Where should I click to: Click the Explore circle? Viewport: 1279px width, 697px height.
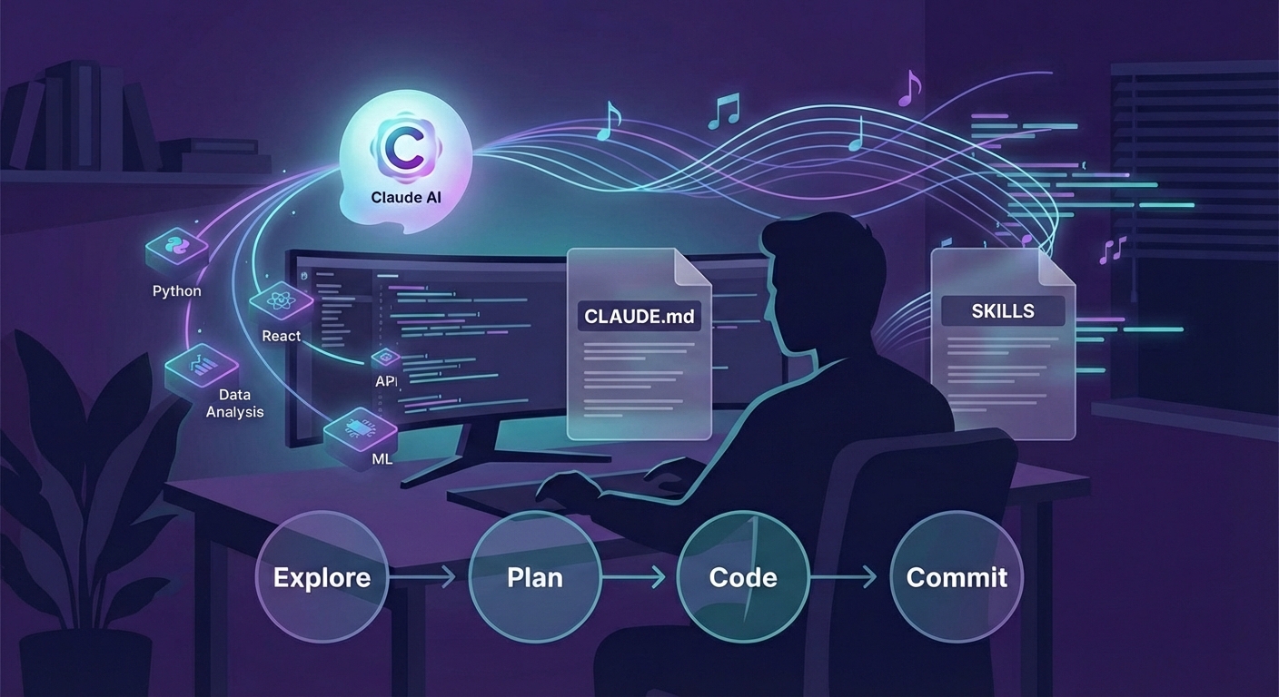point(322,577)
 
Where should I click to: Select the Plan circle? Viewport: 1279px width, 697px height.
point(534,577)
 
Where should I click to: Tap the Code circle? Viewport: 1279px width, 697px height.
point(743,577)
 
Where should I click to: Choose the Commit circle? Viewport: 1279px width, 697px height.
point(957,577)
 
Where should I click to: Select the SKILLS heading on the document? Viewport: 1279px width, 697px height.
point(1003,311)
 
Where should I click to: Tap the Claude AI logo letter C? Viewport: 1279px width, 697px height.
point(403,150)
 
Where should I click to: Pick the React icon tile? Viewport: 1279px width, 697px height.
point(280,301)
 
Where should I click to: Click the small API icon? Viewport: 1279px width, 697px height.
point(386,357)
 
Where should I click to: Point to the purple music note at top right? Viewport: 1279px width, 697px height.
point(909,87)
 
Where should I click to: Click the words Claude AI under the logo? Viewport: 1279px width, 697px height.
point(406,197)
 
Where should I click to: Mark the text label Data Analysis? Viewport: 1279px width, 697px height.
point(234,404)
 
